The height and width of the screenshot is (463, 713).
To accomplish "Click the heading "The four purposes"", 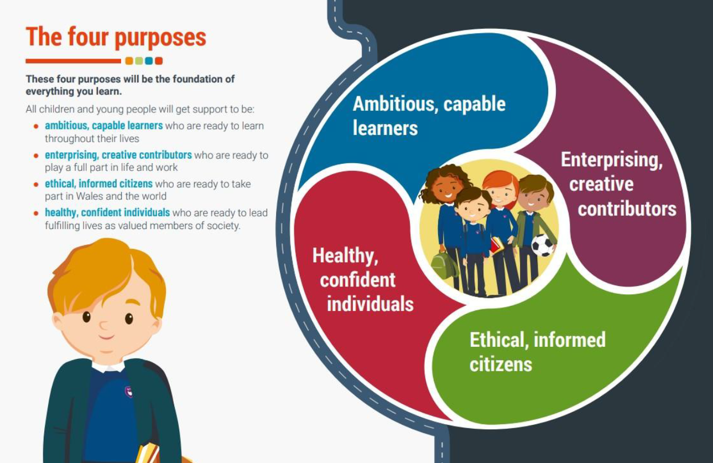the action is (116, 37).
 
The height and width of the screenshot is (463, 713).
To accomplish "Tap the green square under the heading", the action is (139, 61).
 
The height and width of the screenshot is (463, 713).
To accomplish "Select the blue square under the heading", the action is (149, 61).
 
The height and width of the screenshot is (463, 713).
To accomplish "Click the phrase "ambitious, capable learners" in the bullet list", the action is (104, 126).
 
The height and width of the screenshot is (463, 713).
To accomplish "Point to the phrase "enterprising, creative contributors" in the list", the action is (118, 155).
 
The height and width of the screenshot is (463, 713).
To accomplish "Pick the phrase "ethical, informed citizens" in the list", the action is (98, 184).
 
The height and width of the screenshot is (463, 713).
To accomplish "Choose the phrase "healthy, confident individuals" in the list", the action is (107, 212).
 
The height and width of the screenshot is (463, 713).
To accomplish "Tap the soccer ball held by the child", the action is (542, 245).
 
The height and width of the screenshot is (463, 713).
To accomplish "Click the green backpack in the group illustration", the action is (444, 265).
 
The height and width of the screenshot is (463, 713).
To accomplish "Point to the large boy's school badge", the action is (128, 392).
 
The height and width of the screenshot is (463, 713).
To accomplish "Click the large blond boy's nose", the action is (104, 325).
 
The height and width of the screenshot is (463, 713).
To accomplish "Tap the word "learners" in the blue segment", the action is (385, 128).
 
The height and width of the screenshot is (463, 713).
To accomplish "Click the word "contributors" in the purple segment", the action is (627, 209).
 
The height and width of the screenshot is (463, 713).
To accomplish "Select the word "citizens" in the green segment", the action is (501, 365).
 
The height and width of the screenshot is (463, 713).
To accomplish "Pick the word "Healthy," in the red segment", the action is (345, 256).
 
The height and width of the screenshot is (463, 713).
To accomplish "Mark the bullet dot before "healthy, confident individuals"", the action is (37, 213).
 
